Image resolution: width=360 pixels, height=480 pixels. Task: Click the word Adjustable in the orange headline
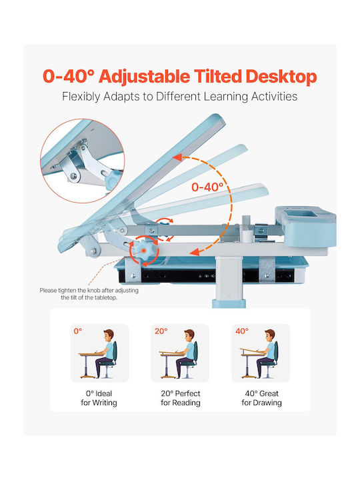pyautogui.click(x=144, y=77)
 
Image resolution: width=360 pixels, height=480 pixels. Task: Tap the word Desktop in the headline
pyautogui.click(x=281, y=77)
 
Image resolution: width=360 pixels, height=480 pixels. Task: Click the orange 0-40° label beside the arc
pyautogui.click(x=207, y=187)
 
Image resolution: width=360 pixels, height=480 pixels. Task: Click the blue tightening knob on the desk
pyautogui.click(x=143, y=250)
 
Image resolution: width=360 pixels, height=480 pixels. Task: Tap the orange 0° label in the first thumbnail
pyautogui.click(x=78, y=331)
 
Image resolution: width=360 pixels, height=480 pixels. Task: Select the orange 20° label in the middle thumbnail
pyautogui.click(x=161, y=331)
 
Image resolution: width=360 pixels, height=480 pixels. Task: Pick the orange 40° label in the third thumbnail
pyautogui.click(x=242, y=331)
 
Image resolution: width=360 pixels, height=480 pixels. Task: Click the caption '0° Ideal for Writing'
pyautogui.click(x=99, y=398)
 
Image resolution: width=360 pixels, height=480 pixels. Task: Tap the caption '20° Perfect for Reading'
pyautogui.click(x=181, y=398)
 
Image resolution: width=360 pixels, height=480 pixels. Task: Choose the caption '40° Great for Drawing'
pyautogui.click(x=261, y=398)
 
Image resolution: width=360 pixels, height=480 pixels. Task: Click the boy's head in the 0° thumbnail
pyautogui.click(x=109, y=335)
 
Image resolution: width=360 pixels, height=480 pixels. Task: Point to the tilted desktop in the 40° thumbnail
pyautogui.click(x=252, y=351)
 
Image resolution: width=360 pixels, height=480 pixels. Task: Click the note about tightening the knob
pyautogui.click(x=89, y=293)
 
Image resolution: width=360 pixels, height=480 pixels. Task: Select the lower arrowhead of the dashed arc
pyautogui.click(x=195, y=252)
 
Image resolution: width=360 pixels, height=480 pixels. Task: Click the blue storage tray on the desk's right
pyautogui.click(x=305, y=225)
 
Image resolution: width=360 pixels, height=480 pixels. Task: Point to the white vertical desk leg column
pyautogui.click(x=229, y=281)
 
